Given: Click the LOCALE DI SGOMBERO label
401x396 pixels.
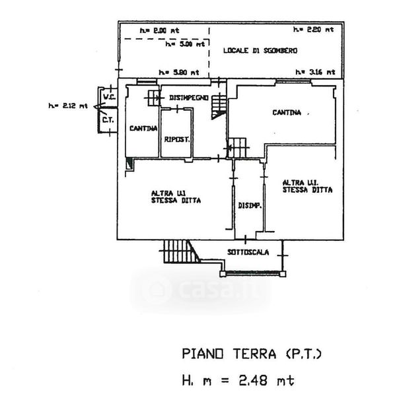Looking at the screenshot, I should click(260, 50).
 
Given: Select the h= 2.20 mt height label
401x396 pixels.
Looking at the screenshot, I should click(314, 30).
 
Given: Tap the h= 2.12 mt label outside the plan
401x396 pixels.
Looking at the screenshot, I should click(67, 105).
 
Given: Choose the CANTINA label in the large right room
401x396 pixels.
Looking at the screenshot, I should click(287, 113).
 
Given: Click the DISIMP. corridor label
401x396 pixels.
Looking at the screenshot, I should click(250, 205).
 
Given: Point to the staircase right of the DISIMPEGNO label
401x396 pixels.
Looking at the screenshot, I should click(219, 106).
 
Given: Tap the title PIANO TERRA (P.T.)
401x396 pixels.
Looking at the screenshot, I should click(251, 354).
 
